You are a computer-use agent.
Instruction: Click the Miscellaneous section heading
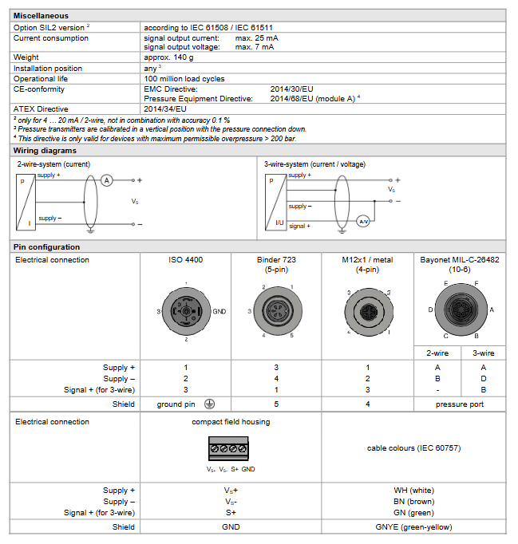[41, 15]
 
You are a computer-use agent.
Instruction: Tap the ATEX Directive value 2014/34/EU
[165, 108]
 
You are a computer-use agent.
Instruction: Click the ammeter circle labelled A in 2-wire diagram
[107, 181]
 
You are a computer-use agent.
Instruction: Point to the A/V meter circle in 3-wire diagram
[362, 221]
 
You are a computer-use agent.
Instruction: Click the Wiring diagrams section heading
[45, 150]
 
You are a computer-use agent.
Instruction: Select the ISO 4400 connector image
[185, 311]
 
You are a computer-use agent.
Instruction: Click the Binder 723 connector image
[275, 312]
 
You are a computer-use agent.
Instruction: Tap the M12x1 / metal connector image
[366, 311]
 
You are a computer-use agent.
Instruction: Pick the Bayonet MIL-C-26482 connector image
[459, 310]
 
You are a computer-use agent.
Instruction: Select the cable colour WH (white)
[413, 491]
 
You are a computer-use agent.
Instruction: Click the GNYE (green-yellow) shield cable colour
[413, 526]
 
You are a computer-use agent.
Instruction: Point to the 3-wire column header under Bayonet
[482, 353]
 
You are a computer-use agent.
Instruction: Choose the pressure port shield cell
[459, 404]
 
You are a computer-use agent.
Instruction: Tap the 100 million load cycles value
[184, 79]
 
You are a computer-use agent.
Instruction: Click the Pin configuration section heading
[46, 247]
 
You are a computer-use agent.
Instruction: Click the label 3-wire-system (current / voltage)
[315, 164]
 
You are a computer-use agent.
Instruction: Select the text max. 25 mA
[257, 37]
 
